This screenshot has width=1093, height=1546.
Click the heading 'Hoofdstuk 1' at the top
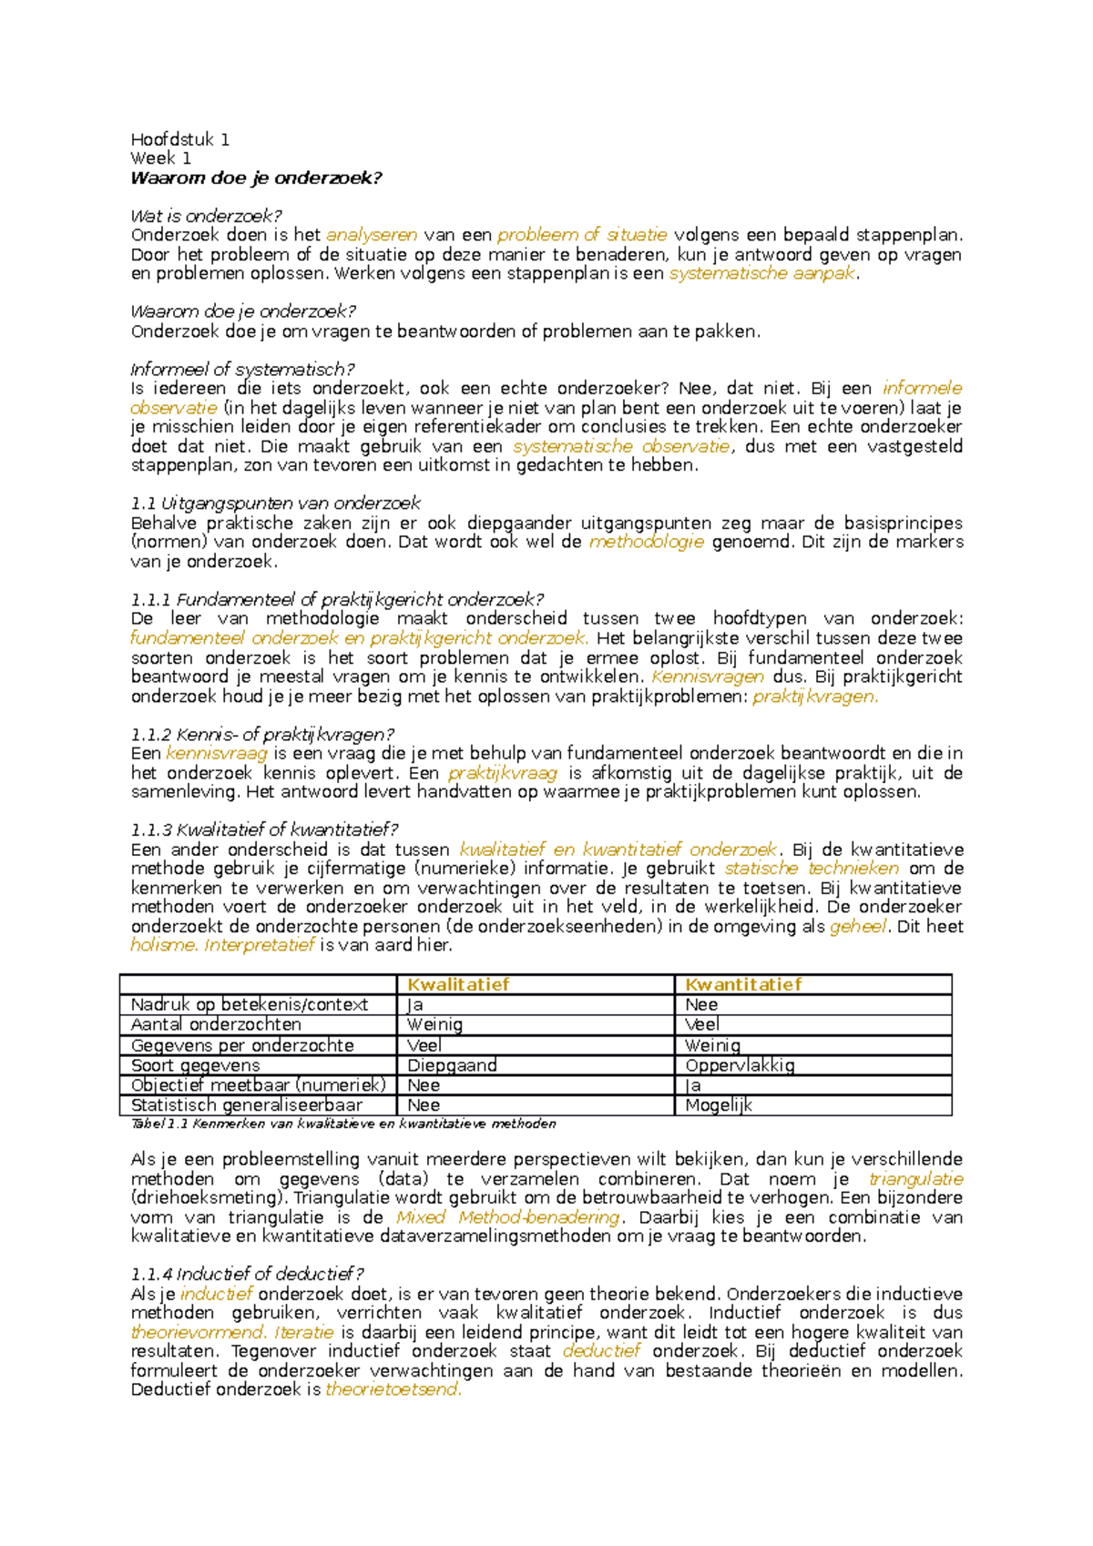(179, 139)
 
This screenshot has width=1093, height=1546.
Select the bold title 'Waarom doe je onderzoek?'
(256, 178)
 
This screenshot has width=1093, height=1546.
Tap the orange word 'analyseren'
(372, 235)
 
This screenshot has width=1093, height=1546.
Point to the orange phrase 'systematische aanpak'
(762, 273)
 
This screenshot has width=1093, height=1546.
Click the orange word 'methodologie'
(647, 542)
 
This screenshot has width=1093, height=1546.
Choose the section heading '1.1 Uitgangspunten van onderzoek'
(275, 503)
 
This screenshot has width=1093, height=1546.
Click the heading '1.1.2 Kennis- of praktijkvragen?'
(262, 734)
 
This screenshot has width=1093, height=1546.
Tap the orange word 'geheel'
(857, 926)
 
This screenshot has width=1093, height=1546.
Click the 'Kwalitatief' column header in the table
(458, 984)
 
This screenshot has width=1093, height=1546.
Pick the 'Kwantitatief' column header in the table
(743, 984)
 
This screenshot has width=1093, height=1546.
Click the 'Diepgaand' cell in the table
(452, 1065)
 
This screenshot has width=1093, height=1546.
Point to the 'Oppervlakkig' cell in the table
(740, 1065)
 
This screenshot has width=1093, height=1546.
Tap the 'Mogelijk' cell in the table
(719, 1105)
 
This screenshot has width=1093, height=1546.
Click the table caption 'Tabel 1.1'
(160, 1124)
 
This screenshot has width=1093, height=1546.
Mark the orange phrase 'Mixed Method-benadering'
(508, 1217)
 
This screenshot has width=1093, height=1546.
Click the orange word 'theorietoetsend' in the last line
(393, 1389)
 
